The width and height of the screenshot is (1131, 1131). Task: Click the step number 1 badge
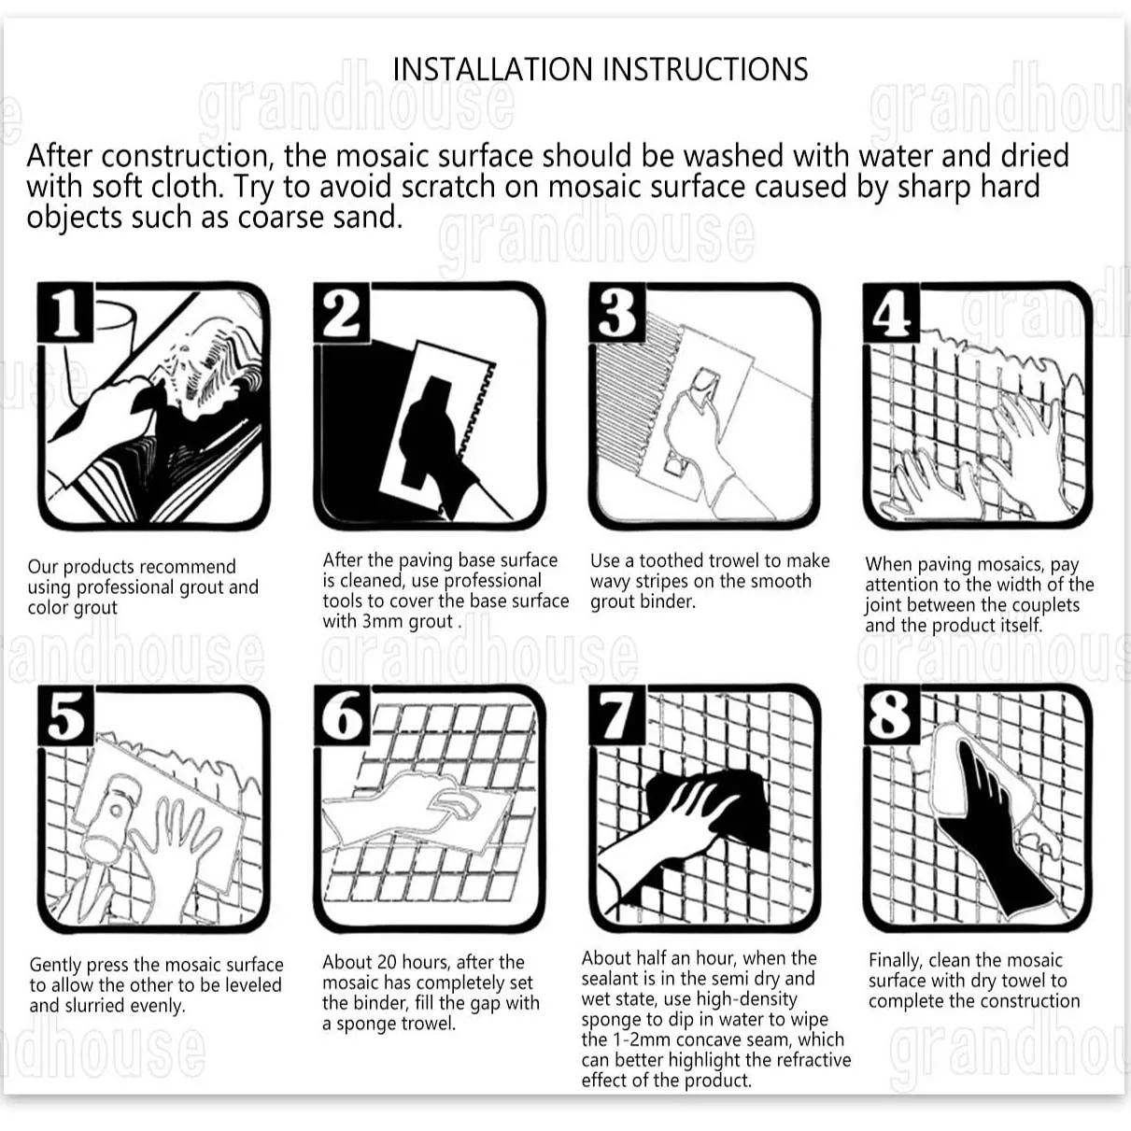click(x=65, y=313)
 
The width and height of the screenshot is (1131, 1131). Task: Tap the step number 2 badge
click(x=342, y=313)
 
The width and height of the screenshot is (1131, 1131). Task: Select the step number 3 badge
click(x=618, y=313)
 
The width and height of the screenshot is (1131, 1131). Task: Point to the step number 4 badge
click(x=892, y=313)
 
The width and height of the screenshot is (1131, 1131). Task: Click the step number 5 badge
click(x=65, y=715)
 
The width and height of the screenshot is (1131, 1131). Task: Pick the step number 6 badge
click(x=342, y=715)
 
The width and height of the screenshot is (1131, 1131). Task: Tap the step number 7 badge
click(x=618, y=715)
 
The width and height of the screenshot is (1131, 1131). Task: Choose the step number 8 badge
click(x=892, y=715)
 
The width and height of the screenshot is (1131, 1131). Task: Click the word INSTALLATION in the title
click(x=493, y=69)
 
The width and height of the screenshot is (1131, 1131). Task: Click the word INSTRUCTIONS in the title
click(x=705, y=69)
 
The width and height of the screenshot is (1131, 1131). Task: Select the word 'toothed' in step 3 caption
click(x=675, y=561)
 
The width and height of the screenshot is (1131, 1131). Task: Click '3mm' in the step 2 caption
click(x=383, y=622)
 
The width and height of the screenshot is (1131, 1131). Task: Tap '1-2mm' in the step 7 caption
click(x=642, y=1039)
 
